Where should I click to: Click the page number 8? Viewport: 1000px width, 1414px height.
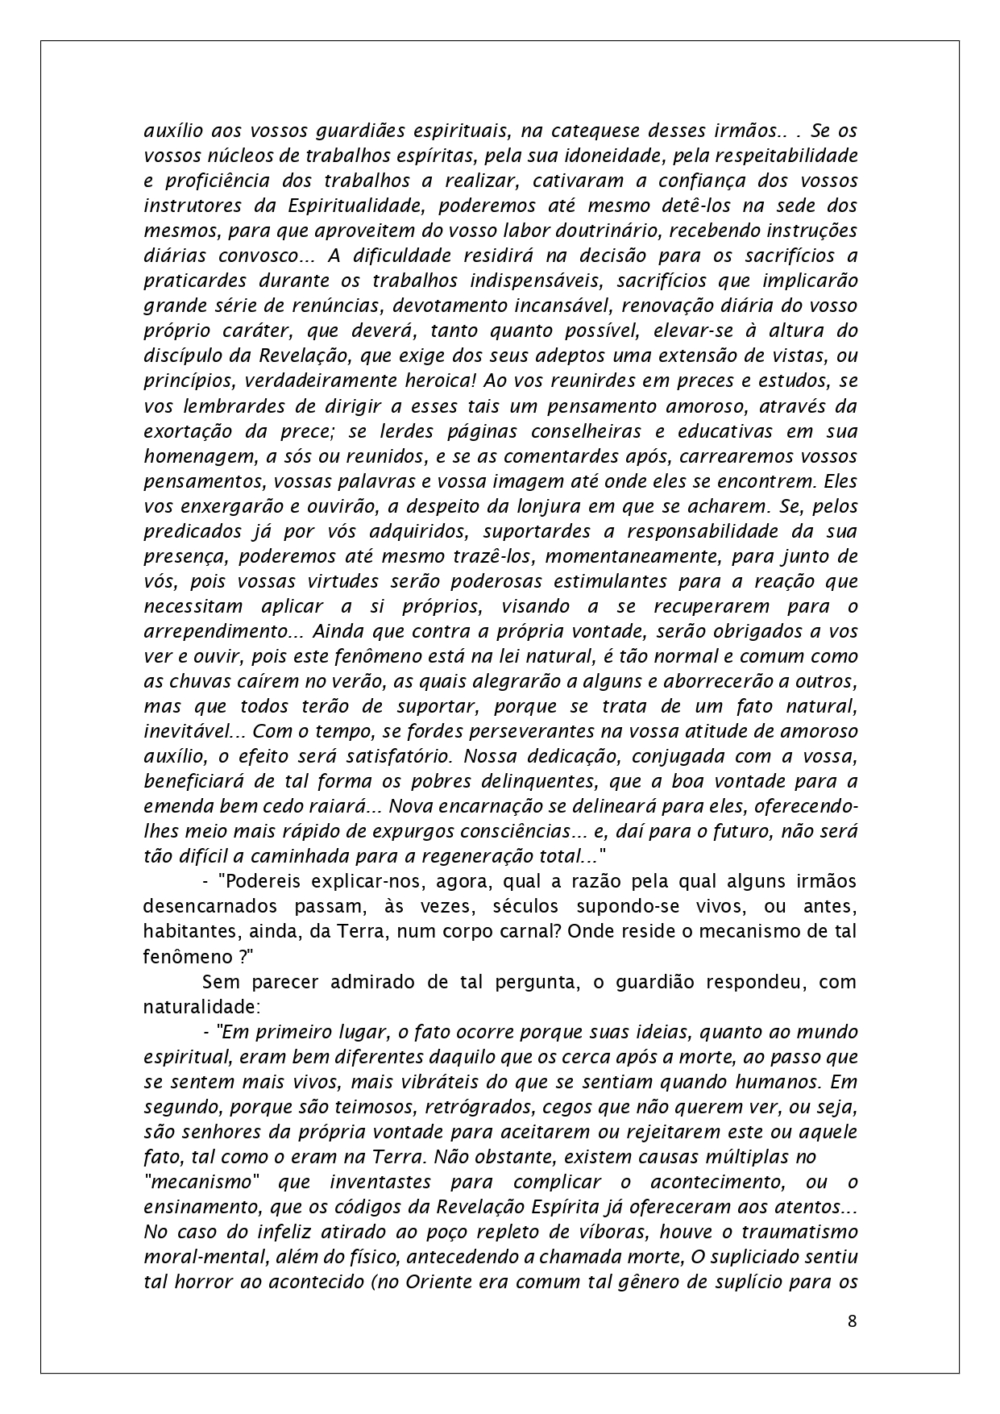852,1320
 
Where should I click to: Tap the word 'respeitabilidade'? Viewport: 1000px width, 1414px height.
780,155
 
